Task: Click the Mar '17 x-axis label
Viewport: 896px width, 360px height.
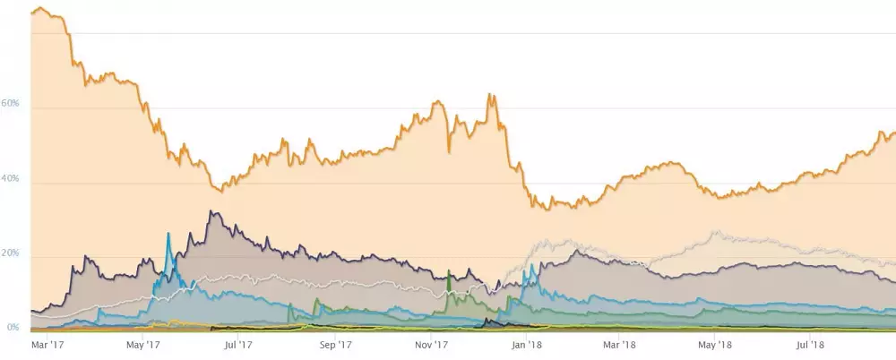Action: (x=47, y=343)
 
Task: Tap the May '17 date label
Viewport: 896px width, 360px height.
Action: (x=142, y=343)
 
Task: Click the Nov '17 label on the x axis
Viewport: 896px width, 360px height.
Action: (x=431, y=343)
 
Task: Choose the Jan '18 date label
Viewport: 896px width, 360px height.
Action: (x=527, y=343)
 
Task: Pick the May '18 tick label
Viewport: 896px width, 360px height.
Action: (x=716, y=343)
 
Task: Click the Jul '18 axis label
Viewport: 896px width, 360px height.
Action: (x=811, y=343)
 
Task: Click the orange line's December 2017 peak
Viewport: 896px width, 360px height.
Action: (x=489, y=94)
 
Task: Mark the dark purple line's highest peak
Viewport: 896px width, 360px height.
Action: (x=210, y=212)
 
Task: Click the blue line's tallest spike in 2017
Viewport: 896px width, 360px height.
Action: (x=168, y=233)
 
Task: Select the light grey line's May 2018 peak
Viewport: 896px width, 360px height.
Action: (x=714, y=231)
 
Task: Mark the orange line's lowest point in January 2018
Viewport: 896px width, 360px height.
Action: (x=547, y=209)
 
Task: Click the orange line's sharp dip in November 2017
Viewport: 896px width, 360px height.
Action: (x=448, y=151)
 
